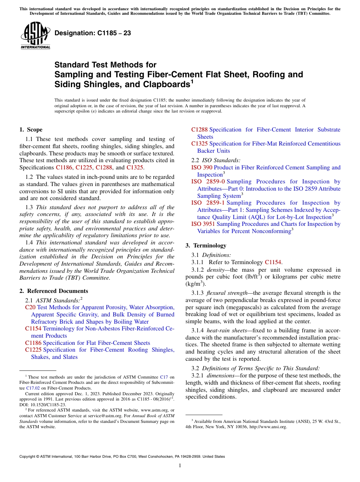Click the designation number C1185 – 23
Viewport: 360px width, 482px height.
[93, 33]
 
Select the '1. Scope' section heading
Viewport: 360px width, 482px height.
[31, 130]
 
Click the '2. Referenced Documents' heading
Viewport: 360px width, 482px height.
[54, 291]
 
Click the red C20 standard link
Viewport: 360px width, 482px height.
[30, 307]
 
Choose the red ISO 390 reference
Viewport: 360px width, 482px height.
[202, 167]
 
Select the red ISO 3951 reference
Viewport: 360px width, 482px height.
[203, 224]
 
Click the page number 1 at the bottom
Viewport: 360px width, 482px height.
[180, 465]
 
